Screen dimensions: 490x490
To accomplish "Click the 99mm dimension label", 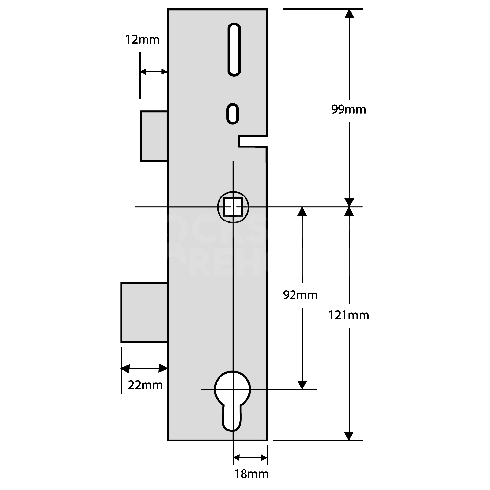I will (x=348, y=109).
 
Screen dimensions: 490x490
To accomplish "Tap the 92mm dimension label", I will (x=300, y=295).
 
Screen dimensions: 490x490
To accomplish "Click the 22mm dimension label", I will (x=145, y=385).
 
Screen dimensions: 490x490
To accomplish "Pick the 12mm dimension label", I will (x=143, y=40).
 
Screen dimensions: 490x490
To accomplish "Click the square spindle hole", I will (x=233, y=207).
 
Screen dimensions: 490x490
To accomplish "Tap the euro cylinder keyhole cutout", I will (x=233, y=397).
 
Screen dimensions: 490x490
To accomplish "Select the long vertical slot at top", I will (x=234, y=50).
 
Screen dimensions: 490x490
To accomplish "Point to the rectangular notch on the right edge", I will (x=252, y=141).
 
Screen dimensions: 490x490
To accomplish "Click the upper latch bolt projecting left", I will (x=154, y=136).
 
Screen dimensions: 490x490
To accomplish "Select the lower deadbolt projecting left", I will (x=144, y=312).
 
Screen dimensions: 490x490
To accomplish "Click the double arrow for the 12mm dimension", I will (x=154, y=72).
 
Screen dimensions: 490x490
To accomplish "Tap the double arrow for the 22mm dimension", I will (x=144, y=368).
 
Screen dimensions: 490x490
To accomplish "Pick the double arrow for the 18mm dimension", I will (x=250, y=458).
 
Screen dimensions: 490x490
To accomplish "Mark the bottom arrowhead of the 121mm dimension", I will (x=349, y=435).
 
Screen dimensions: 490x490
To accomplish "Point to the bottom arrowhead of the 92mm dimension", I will (x=302, y=384).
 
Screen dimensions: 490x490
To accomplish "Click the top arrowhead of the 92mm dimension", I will (x=302, y=212).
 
